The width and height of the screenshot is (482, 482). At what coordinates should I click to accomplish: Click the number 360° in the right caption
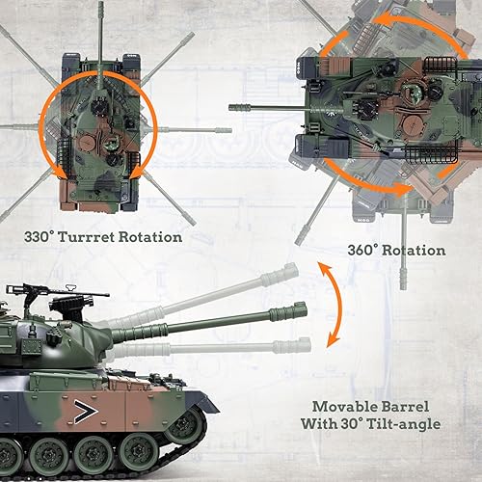(365, 250)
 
